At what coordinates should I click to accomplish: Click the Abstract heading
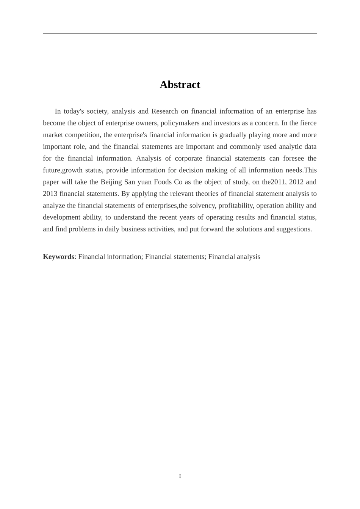coord(180,84)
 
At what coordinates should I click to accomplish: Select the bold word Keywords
coord(58,256)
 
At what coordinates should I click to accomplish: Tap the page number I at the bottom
coord(180,476)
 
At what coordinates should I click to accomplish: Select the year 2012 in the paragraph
coord(296,182)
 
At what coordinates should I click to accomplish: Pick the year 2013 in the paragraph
coord(50,194)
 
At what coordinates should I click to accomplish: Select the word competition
coord(83,135)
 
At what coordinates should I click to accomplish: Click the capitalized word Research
coord(164,111)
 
